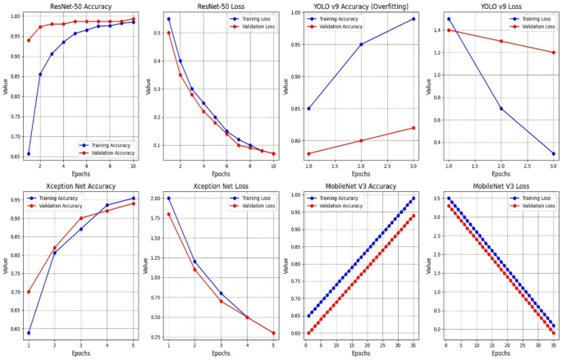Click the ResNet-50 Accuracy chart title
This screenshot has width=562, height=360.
[80, 6]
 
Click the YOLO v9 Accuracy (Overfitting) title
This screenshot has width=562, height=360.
[355, 6]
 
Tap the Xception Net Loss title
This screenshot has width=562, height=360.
[215, 186]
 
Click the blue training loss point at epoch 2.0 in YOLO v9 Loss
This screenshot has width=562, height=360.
[500, 108]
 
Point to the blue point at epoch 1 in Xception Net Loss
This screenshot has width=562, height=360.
[170, 198]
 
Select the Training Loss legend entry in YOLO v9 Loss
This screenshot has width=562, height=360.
[528, 18]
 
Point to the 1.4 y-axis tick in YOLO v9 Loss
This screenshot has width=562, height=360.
[436, 30]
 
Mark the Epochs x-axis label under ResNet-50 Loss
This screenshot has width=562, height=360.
[220, 174]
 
